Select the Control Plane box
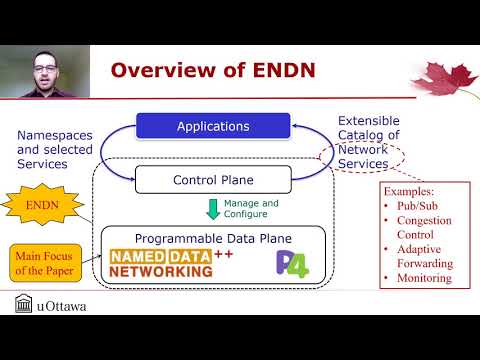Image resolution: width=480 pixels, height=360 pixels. (x=213, y=180)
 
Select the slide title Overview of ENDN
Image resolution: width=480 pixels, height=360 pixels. (x=213, y=70)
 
